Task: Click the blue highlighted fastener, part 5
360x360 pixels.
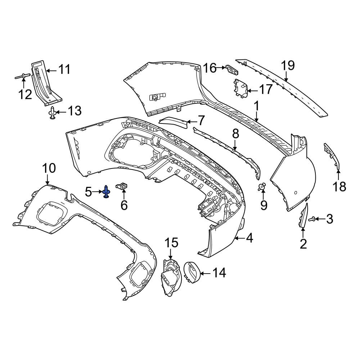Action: point(107,192)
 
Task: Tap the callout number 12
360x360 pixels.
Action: point(25,94)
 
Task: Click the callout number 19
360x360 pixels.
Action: point(288,66)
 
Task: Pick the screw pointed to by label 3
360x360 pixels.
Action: point(311,219)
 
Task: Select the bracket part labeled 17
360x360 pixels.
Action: point(240,89)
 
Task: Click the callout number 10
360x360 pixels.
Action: point(49,168)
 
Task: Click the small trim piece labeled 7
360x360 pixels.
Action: point(174,122)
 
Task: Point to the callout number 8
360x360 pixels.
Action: point(235,134)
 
